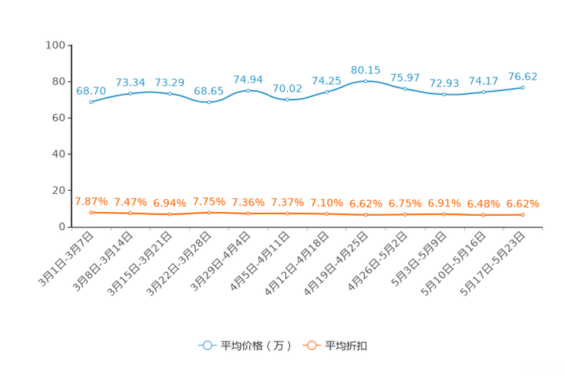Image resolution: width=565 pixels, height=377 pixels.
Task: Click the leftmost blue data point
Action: pyautogui.click(x=91, y=102)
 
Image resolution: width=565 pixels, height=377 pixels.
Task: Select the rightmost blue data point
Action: pyautogui.click(x=523, y=87)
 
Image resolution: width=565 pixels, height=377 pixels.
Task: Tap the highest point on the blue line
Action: pyautogui.click(x=366, y=80)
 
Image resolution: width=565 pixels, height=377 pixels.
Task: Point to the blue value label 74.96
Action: pyautogui.click(x=248, y=78)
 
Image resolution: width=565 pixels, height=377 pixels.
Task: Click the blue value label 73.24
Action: pyautogui.click(x=130, y=81)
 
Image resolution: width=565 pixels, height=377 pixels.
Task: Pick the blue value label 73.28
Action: pyautogui.click(x=169, y=82)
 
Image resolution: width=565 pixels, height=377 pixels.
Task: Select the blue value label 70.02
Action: pyautogui.click(x=287, y=88)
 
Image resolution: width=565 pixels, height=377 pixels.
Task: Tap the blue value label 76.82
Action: pyautogui.click(x=522, y=76)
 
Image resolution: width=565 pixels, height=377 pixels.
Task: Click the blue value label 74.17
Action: pyautogui.click(x=483, y=81)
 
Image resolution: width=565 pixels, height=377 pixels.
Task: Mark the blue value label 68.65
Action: pyautogui.click(x=208, y=90)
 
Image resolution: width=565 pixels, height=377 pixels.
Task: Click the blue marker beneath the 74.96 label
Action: pyautogui.click(x=248, y=90)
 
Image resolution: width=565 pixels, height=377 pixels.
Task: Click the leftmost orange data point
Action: pyautogui.click(x=91, y=213)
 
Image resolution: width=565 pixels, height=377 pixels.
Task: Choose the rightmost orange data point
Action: pyautogui.click(x=523, y=215)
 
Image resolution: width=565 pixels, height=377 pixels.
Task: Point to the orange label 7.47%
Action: pyautogui.click(x=130, y=202)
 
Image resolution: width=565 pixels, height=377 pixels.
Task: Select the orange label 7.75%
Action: pyautogui.click(x=208, y=202)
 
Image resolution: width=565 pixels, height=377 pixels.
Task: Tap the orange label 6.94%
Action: pyautogui.click(x=169, y=203)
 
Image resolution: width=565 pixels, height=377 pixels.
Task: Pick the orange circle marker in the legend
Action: pyautogui.click(x=311, y=345)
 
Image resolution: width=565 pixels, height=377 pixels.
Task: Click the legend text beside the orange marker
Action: pyautogui.click(x=346, y=346)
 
